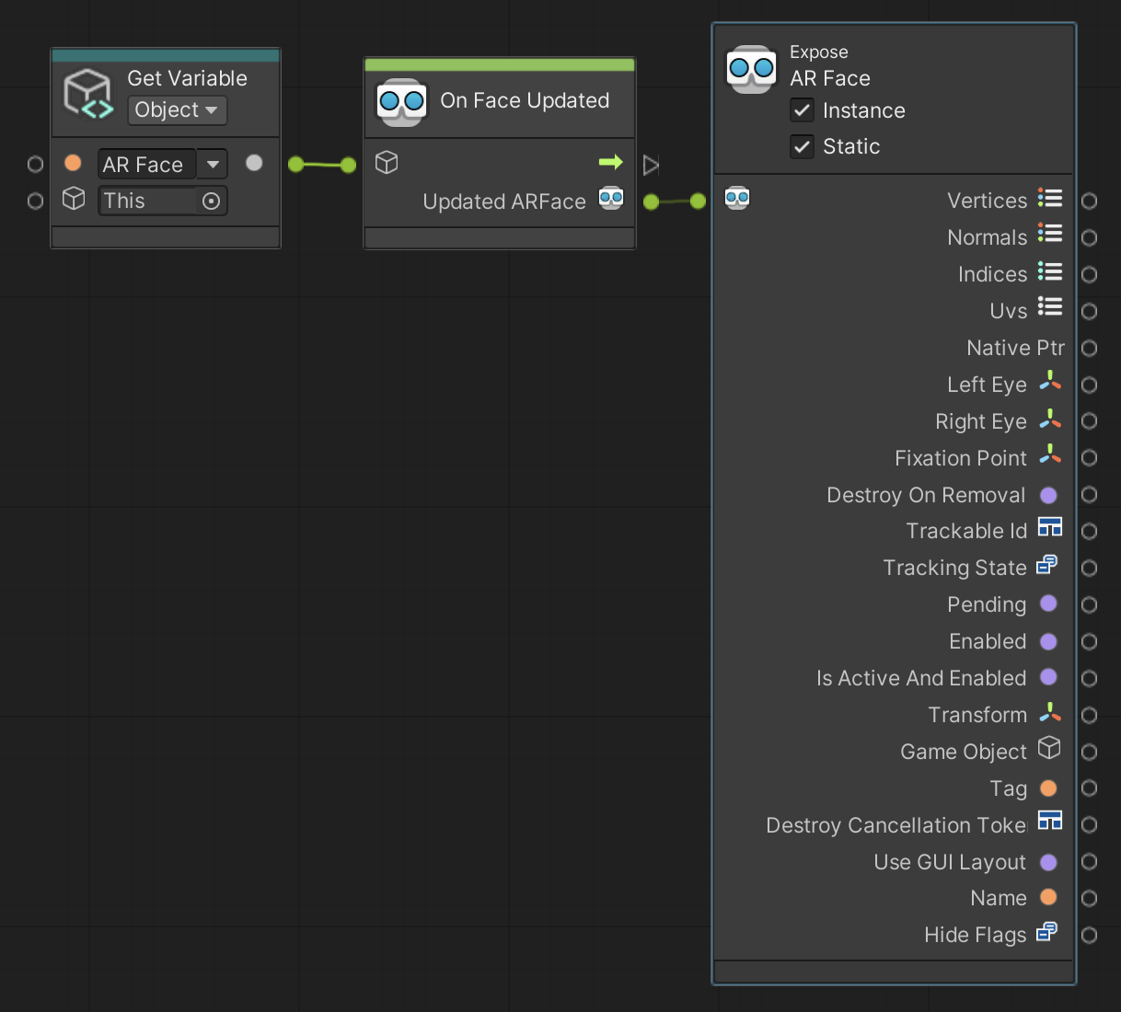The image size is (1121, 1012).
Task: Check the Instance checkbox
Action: [x=803, y=110]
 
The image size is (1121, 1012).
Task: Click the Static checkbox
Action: [x=803, y=146]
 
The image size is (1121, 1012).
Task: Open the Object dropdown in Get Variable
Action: [x=177, y=110]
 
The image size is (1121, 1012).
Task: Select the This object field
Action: [x=147, y=201]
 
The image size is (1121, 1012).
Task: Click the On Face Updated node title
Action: [x=525, y=100]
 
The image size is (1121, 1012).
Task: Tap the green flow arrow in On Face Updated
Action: [x=610, y=163]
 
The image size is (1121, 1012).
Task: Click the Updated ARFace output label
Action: [x=504, y=201]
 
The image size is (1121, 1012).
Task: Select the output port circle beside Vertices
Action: [x=1089, y=201]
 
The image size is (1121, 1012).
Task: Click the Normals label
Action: [x=987, y=237]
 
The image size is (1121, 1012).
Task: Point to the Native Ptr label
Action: [x=1014, y=348]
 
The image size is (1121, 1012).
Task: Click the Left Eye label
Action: [x=987, y=385]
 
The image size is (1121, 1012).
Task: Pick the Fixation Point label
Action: [x=960, y=458]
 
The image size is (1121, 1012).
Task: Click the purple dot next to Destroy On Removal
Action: [x=1048, y=495]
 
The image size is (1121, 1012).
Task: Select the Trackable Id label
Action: [x=965, y=531]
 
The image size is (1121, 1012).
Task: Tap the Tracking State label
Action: [x=954, y=568]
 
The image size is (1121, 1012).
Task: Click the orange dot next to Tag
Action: [x=1048, y=788]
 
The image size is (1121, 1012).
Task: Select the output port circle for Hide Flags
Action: [x=1089, y=935]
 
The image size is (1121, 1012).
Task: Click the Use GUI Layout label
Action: [x=949, y=862]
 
